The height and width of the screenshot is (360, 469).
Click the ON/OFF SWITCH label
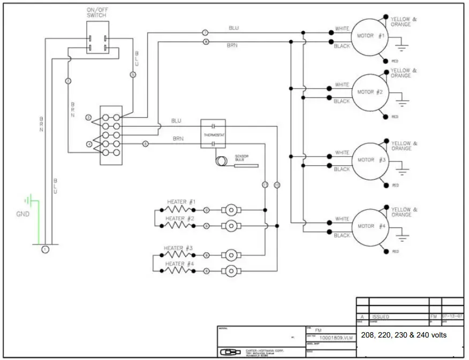tap(96, 13)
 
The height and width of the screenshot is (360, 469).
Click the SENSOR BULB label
tap(242, 159)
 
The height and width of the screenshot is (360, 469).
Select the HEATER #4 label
tap(179, 264)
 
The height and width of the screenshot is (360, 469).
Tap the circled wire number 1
tap(46, 249)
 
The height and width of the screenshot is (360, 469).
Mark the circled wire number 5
tap(133, 75)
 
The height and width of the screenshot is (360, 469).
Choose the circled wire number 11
tap(264, 185)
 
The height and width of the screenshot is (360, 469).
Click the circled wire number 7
tap(205, 33)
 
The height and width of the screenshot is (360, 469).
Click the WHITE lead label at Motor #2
tap(342, 85)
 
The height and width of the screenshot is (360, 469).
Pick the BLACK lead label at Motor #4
tap(342, 235)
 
